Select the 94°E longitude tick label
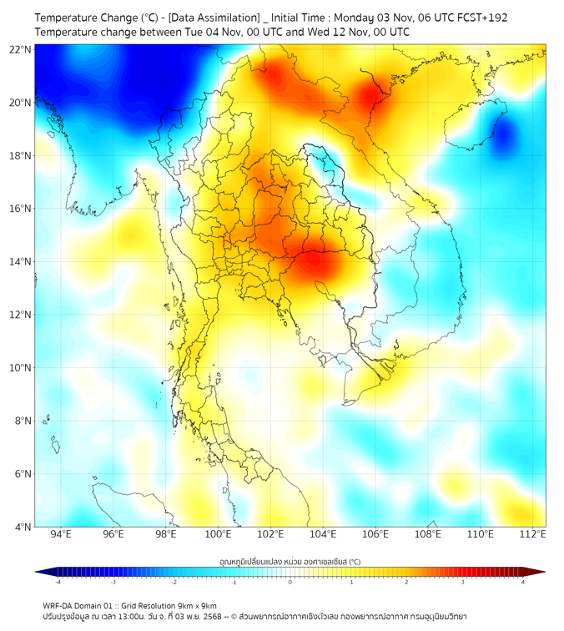(61, 534)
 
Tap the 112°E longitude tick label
(533, 534)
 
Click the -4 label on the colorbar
(57, 582)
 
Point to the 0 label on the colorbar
(290, 582)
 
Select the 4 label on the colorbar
(523, 582)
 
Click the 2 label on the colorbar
(407, 582)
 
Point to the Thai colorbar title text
(290, 562)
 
